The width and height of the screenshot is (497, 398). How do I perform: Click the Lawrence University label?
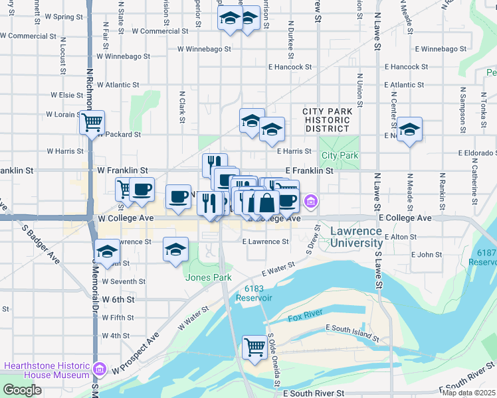pyautogui.click(x=357, y=237)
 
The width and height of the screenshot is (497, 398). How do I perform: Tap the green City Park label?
pyautogui.click(x=340, y=155)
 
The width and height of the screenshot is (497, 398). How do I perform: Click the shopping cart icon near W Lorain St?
pyautogui.click(x=92, y=121)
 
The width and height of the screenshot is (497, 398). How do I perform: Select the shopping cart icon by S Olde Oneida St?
pyautogui.click(x=254, y=346)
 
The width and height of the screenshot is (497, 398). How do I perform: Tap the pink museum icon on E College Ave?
pyautogui.click(x=310, y=200)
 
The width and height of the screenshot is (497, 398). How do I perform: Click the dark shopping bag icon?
pyautogui.click(x=266, y=202)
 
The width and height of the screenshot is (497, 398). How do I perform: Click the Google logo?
pyautogui.click(x=22, y=389)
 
